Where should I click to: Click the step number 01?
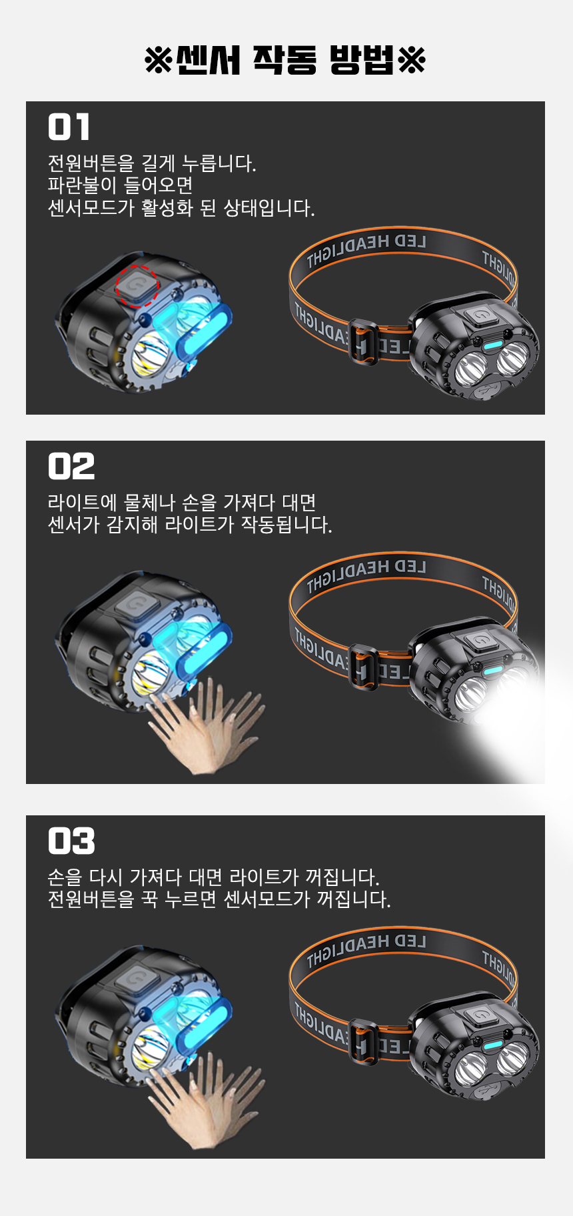pyautogui.click(x=69, y=127)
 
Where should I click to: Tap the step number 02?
pyautogui.click(x=71, y=466)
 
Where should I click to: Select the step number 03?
pyautogui.click(x=71, y=841)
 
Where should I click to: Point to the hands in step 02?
pyautogui.click(x=204, y=726)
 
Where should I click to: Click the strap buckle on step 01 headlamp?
pyautogui.click(x=363, y=341)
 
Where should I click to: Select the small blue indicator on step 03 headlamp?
pyautogui.click(x=492, y=1045)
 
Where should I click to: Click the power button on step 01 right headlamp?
pyautogui.click(x=480, y=316)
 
